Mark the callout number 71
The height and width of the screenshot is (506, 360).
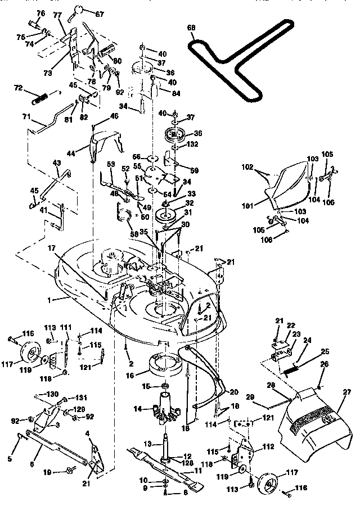[26, 117]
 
